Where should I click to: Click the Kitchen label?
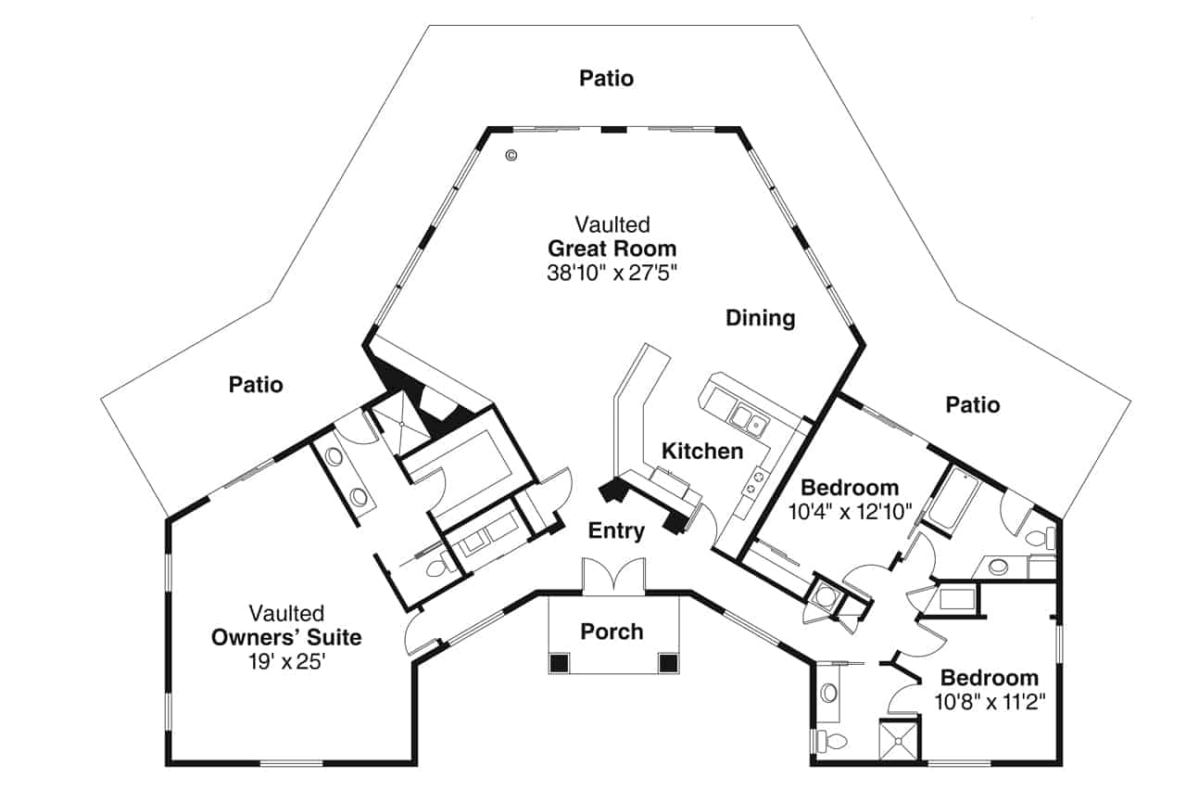(x=701, y=452)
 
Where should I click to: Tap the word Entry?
(x=616, y=531)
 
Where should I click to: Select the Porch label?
(x=612, y=632)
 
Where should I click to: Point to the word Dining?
(x=760, y=318)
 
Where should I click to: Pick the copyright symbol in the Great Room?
(x=511, y=156)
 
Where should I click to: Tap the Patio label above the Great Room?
(x=607, y=78)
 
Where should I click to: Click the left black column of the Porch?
(x=559, y=663)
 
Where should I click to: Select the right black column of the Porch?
(x=667, y=663)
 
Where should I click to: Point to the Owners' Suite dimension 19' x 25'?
(x=286, y=662)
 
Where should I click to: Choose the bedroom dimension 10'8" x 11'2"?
(x=990, y=701)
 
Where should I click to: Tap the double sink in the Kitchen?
(x=749, y=420)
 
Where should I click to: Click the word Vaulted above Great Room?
(x=612, y=224)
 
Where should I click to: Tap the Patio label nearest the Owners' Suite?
(x=257, y=384)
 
